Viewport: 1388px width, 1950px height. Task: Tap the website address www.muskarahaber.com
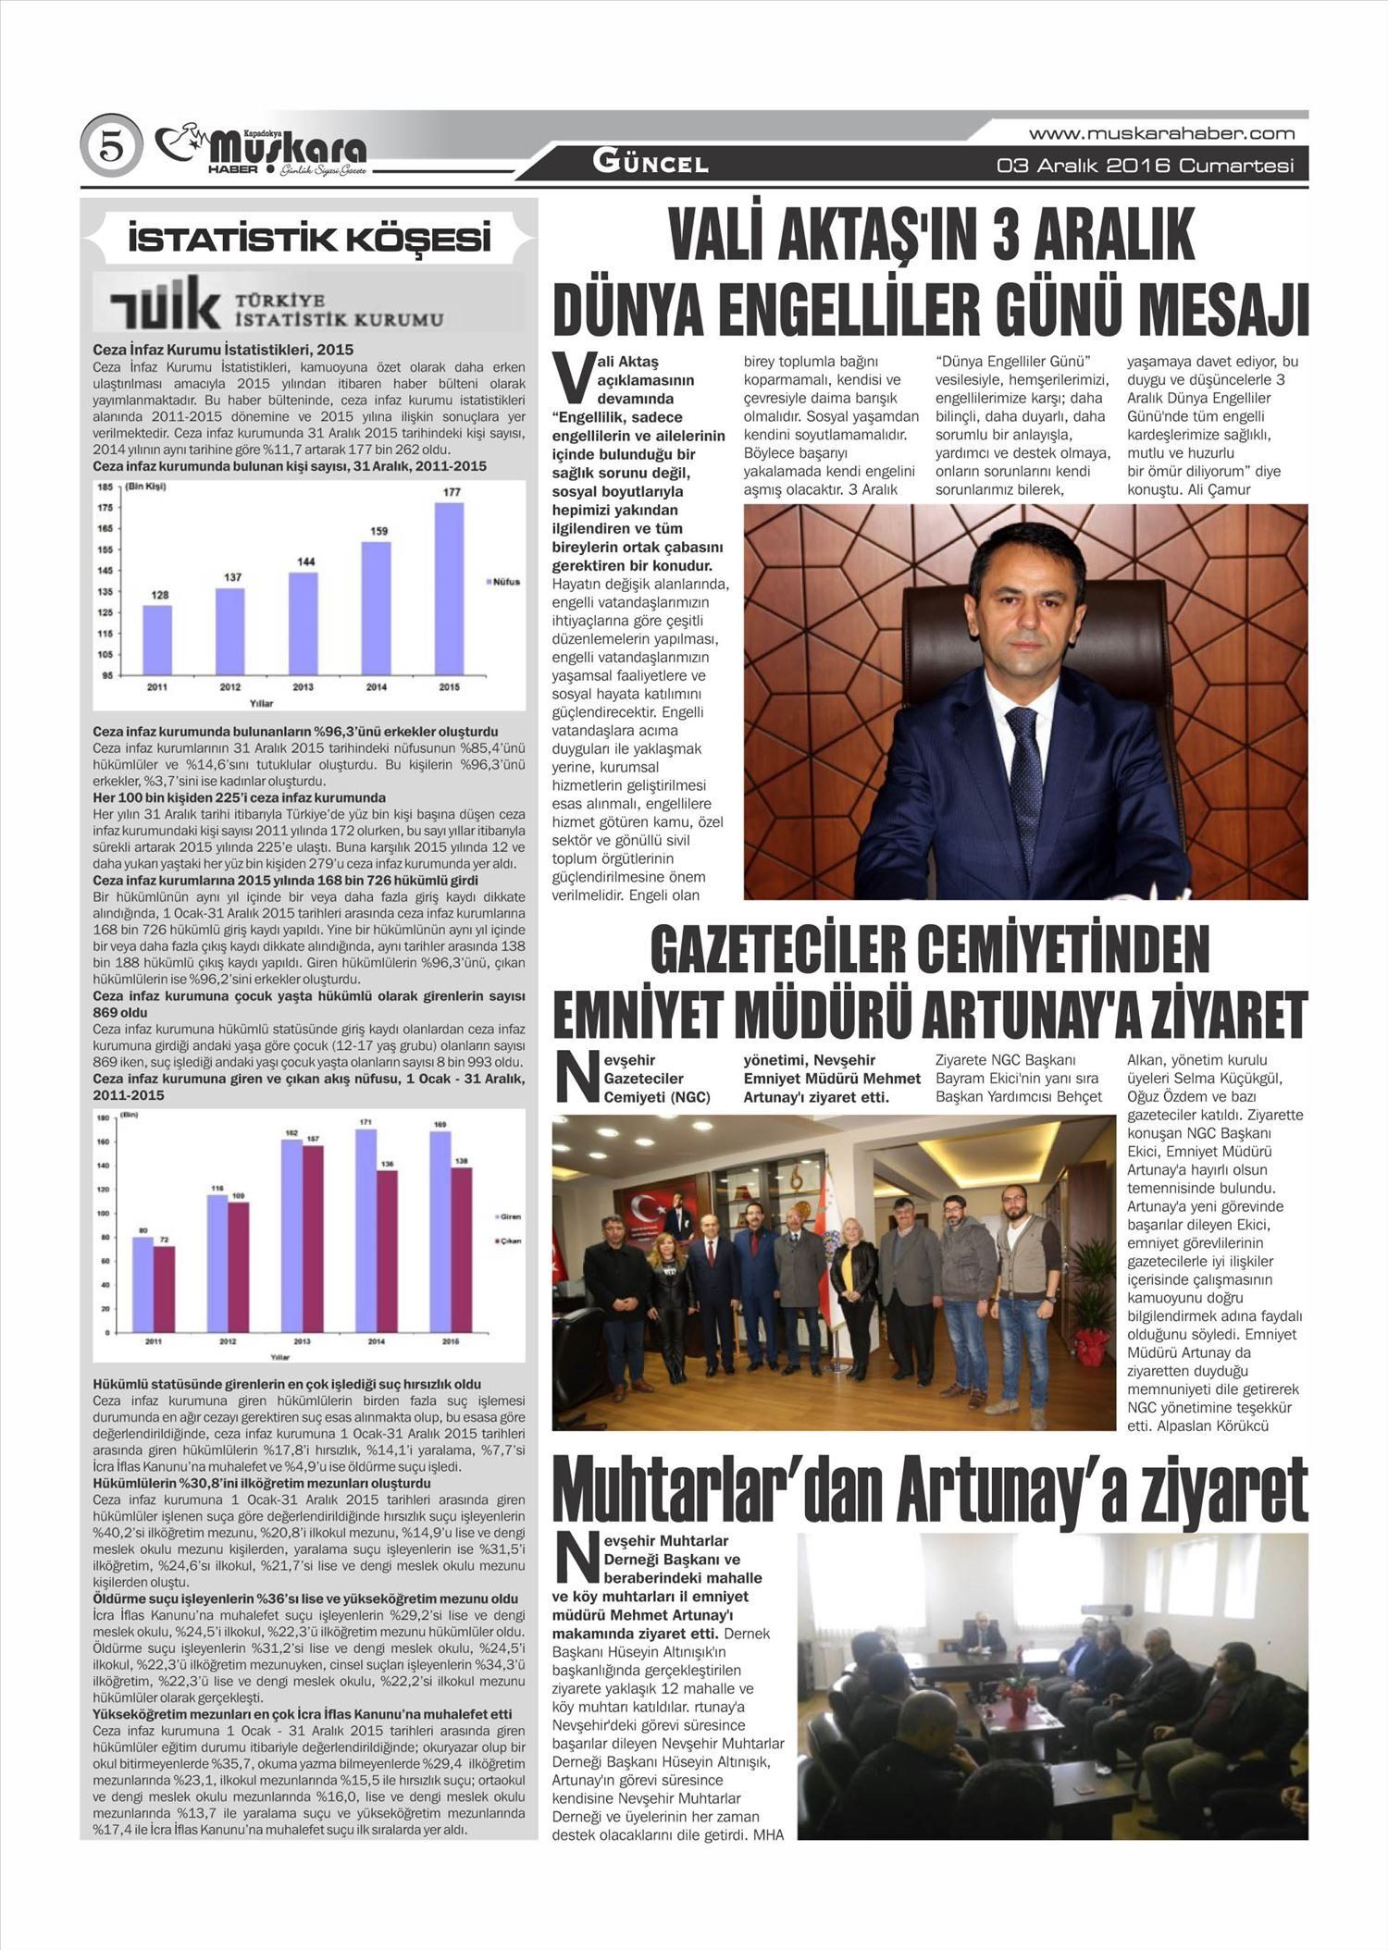pos(1161,133)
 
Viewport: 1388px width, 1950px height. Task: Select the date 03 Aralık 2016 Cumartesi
pos(1145,167)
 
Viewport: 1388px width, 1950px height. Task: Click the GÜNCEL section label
pos(651,164)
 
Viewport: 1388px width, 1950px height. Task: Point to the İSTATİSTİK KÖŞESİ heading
pos(309,240)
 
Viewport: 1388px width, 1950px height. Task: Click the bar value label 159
pos(378,531)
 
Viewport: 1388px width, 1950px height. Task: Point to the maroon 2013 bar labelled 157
pos(313,1240)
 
